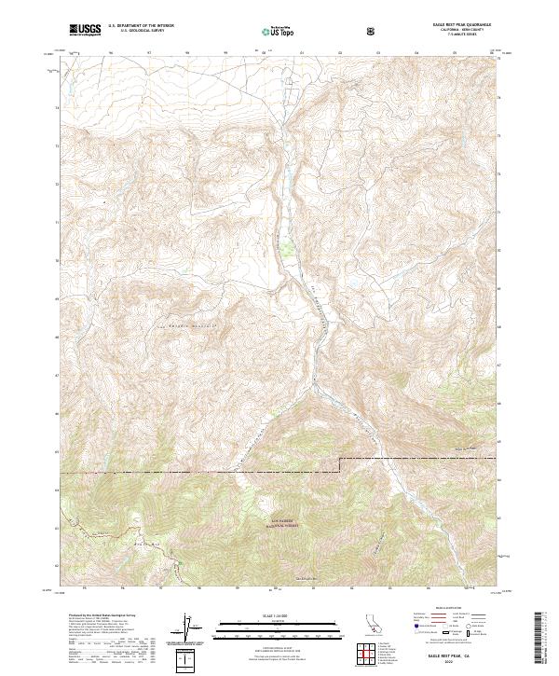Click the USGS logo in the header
tap(85, 30)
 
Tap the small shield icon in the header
tap(373, 31)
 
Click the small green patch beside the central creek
tap(289, 249)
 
